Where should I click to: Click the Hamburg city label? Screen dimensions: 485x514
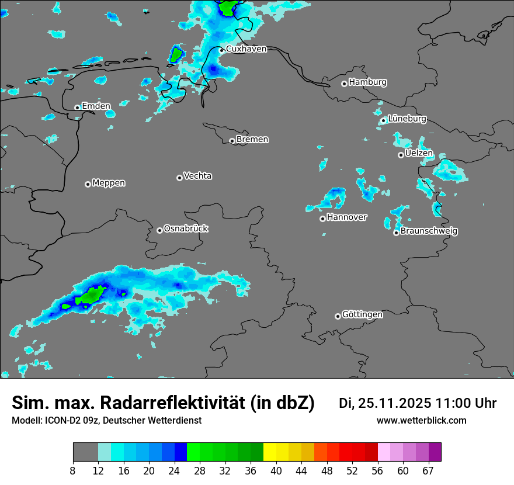tap(367, 82)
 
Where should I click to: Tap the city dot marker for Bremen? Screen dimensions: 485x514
tap(232, 141)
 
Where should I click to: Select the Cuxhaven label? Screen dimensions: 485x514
tap(246, 49)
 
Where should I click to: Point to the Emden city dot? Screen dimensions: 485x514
tap(77, 108)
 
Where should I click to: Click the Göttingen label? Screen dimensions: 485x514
tap(362, 315)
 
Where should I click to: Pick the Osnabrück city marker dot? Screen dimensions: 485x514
tap(159, 230)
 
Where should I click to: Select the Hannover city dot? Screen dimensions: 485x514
tap(322, 219)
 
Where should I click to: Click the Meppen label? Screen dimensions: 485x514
tap(109, 183)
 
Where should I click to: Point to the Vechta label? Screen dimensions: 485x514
tap(197, 176)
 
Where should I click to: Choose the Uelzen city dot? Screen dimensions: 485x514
tap(401, 155)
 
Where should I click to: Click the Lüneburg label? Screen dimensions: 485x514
tap(407, 119)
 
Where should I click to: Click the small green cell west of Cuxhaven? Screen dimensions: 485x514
tap(175, 55)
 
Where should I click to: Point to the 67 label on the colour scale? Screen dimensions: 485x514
tap(428, 470)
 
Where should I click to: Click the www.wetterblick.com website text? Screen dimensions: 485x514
tap(421, 420)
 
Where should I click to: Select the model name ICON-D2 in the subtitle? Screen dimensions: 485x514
tap(62, 420)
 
